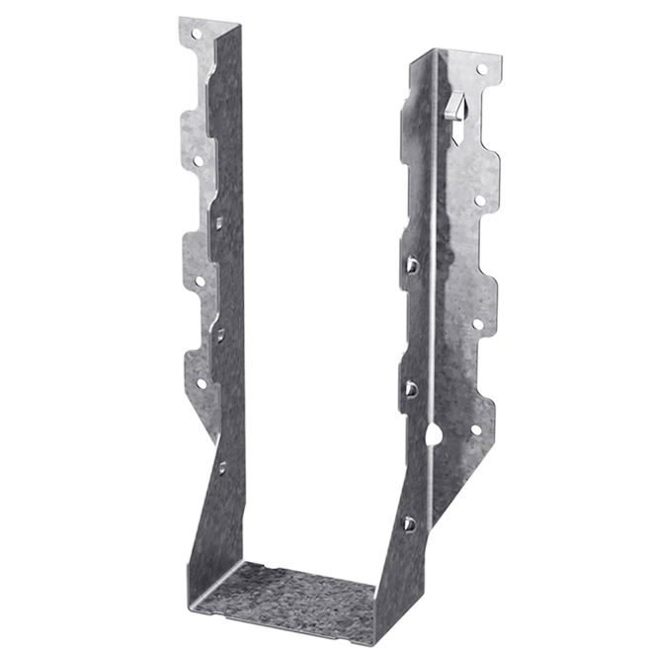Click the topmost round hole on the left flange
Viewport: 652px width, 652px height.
point(196,33)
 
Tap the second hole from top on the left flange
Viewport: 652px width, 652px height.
point(198,160)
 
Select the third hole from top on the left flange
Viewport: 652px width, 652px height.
point(200,281)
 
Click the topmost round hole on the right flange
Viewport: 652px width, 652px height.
point(481,70)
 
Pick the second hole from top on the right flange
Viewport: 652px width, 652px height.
point(479,201)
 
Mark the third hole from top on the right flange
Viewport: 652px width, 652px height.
point(477,323)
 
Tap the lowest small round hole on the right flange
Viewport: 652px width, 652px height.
point(475,430)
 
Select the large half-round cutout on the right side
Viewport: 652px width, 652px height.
point(434,433)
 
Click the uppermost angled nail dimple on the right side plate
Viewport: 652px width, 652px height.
point(411,265)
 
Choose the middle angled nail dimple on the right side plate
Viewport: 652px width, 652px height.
point(410,389)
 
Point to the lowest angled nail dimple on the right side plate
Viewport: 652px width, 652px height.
point(408,523)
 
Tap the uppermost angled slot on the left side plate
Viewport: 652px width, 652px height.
point(219,223)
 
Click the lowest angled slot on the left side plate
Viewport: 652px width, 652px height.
point(222,467)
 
